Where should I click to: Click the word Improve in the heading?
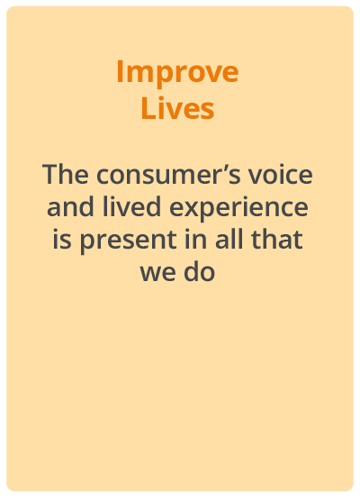click(x=177, y=74)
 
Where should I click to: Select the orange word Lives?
click(x=177, y=108)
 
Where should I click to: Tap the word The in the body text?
click(x=66, y=174)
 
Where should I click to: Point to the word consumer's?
click(x=168, y=175)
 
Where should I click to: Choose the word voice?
click(x=281, y=175)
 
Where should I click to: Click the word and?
click(x=70, y=206)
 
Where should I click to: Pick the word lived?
click(x=131, y=206)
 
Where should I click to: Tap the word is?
click(x=61, y=239)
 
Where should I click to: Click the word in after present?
click(x=195, y=239)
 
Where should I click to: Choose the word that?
click(x=277, y=239)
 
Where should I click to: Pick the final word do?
click(x=200, y=271)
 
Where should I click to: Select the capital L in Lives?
click(x=148, y=108)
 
